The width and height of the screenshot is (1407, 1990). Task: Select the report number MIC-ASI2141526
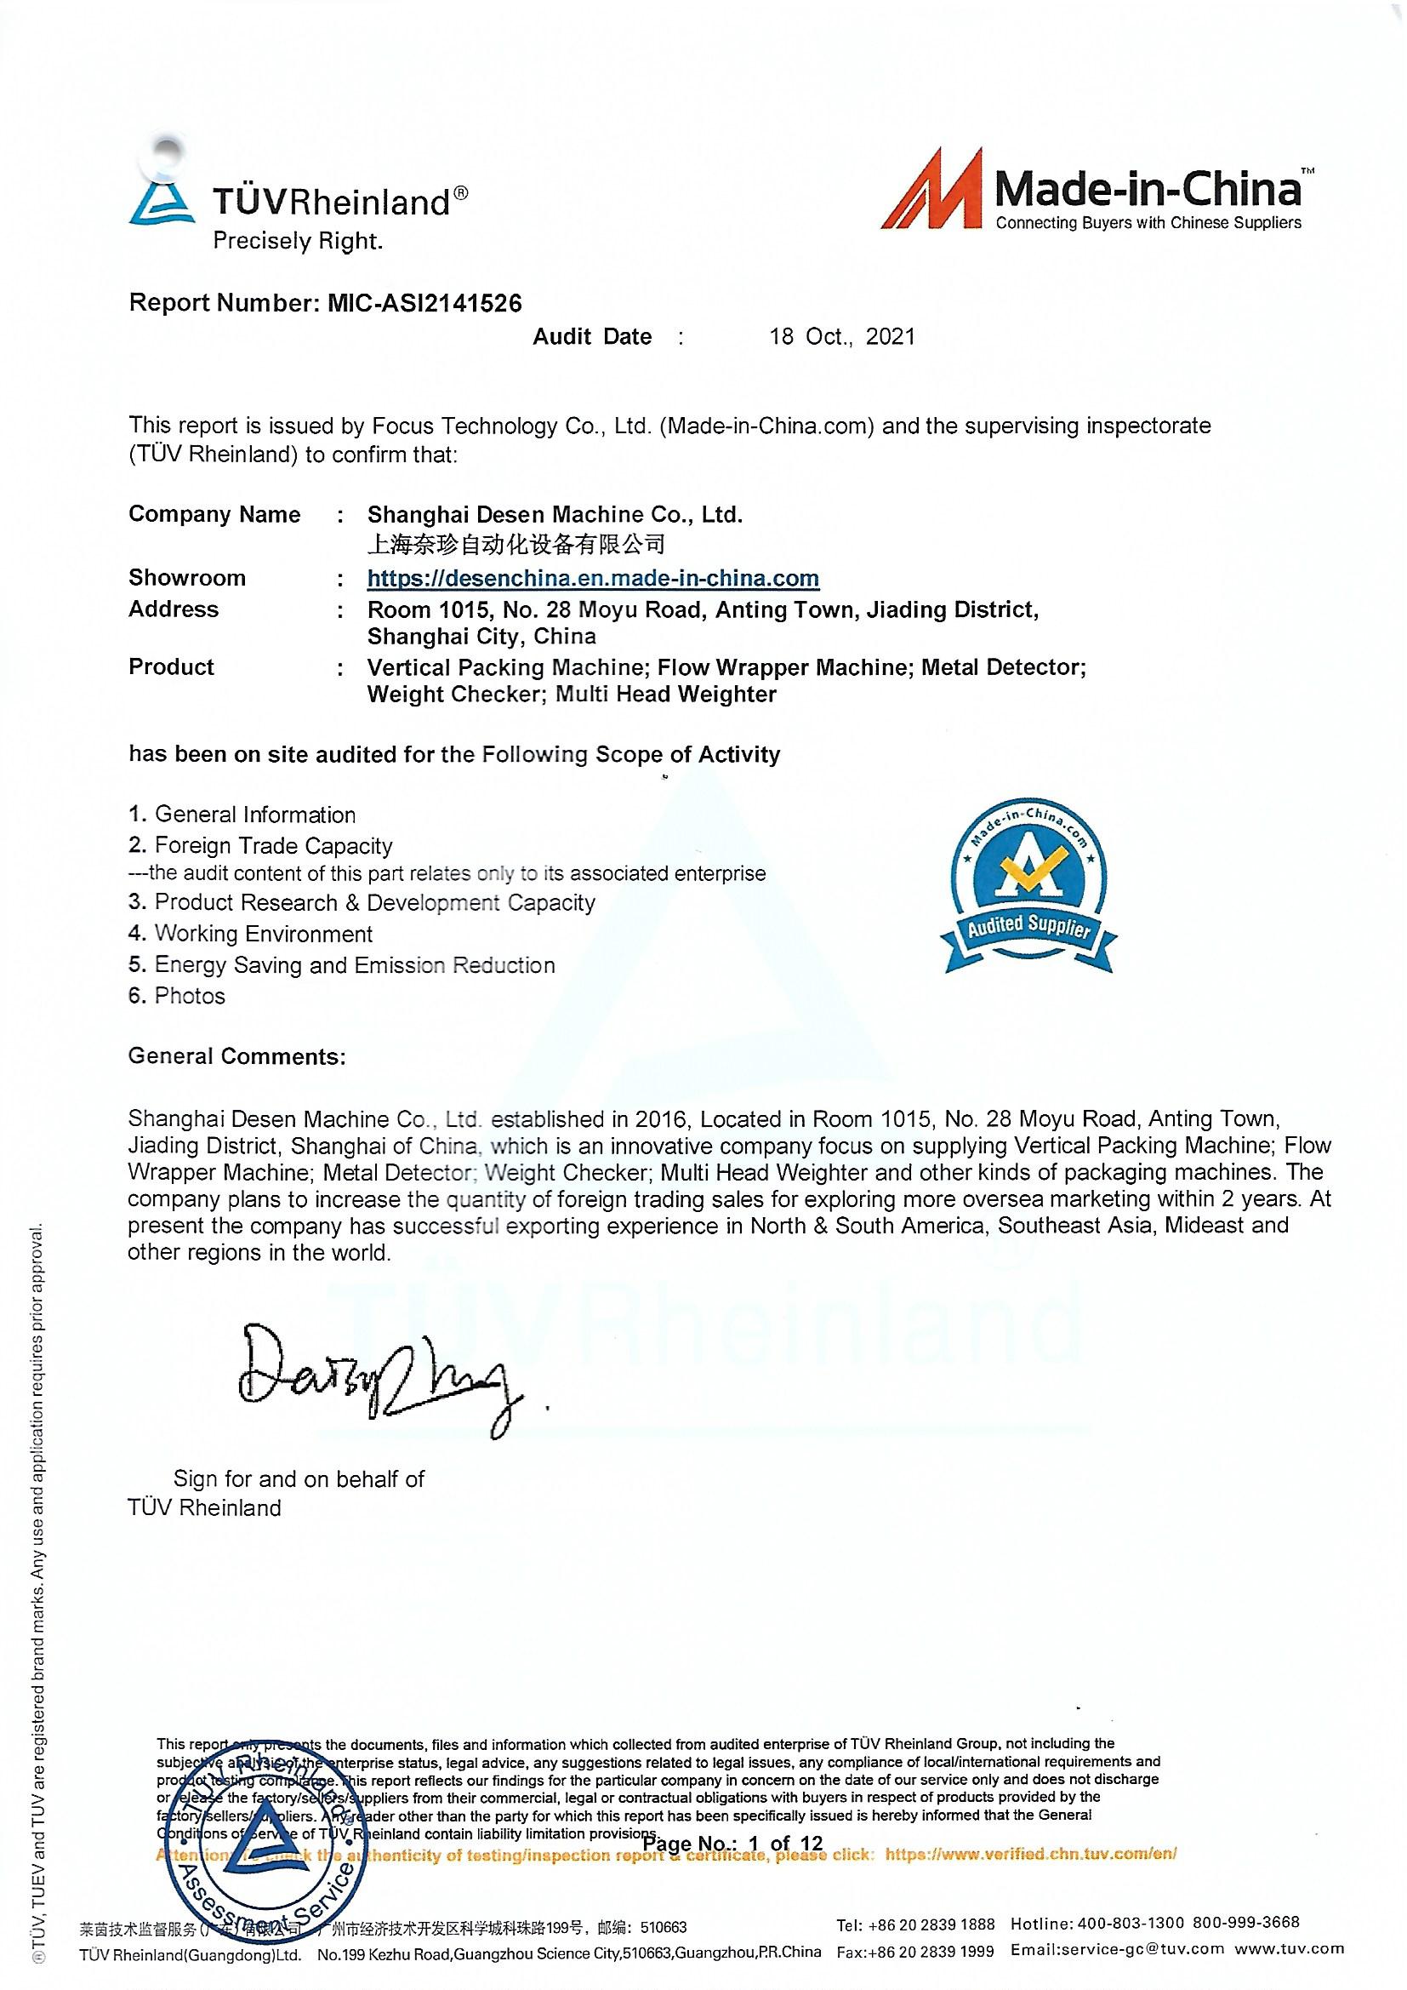coord(424,302)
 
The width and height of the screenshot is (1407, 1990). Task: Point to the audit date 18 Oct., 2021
coord(842,336)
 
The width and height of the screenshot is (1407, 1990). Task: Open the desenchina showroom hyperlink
coord(593,578)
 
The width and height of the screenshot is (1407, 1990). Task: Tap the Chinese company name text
coord(516,544)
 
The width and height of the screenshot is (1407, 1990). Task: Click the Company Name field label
coord(214,514)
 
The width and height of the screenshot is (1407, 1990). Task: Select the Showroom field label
coord(187,578)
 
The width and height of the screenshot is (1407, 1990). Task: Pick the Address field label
coord(174,609)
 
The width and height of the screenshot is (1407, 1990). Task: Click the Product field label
coord(171,666)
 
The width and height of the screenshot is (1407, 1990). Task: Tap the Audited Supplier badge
coord(1028,886)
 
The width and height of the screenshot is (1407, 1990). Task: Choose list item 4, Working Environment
coord(251,934)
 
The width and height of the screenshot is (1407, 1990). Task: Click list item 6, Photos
coord(177,996)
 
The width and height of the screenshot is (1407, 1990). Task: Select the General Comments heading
coord(236,1055)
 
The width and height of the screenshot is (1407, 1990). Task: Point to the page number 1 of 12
coord(733,1843)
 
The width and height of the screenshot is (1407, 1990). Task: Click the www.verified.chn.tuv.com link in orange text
coord(1031,1856)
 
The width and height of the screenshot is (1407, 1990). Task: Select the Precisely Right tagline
coord(298,240)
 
